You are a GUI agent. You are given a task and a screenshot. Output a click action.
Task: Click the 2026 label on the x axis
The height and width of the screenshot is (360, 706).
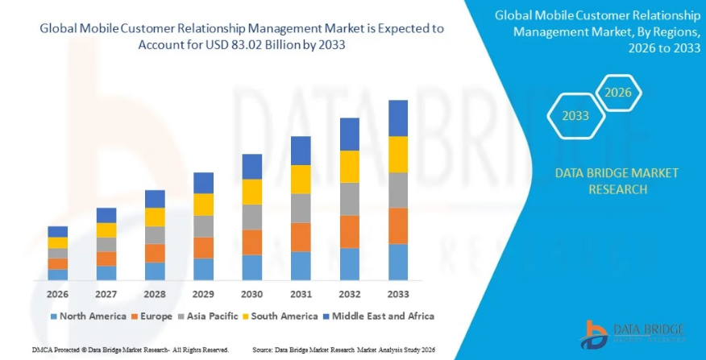click(x=57, y=295)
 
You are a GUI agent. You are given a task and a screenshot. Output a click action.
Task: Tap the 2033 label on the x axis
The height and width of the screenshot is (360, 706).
click(x=397, y=295)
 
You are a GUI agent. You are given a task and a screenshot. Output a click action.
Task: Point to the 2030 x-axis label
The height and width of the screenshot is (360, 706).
click(x=251, y=295)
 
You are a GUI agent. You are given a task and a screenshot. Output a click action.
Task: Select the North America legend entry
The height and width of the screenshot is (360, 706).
click(x=87, y=317)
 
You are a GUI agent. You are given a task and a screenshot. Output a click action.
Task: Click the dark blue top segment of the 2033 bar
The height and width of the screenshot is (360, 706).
click(x=397, y=118)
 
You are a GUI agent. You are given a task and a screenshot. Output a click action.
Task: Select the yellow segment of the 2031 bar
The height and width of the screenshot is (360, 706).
click(x=301, y=180)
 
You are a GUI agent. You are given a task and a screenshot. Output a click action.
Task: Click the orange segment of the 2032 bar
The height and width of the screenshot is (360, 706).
click(x=349, y=232)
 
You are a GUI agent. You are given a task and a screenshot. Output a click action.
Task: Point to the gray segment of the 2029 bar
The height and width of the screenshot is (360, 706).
click(x=203, y=226)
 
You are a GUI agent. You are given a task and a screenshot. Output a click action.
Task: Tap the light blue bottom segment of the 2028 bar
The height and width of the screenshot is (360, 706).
click(x=155, y=271)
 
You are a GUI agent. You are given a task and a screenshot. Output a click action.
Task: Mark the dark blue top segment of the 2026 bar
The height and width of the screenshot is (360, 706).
click(x=57, y=232)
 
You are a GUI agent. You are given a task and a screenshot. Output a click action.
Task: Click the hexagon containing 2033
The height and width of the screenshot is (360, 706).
click(x=575, y=116)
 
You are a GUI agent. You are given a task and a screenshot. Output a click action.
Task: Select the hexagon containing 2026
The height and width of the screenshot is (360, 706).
click(x=617, y=93)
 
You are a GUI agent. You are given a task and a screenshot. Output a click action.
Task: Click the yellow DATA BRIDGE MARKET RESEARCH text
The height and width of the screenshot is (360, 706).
click(x=617, y=181)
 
